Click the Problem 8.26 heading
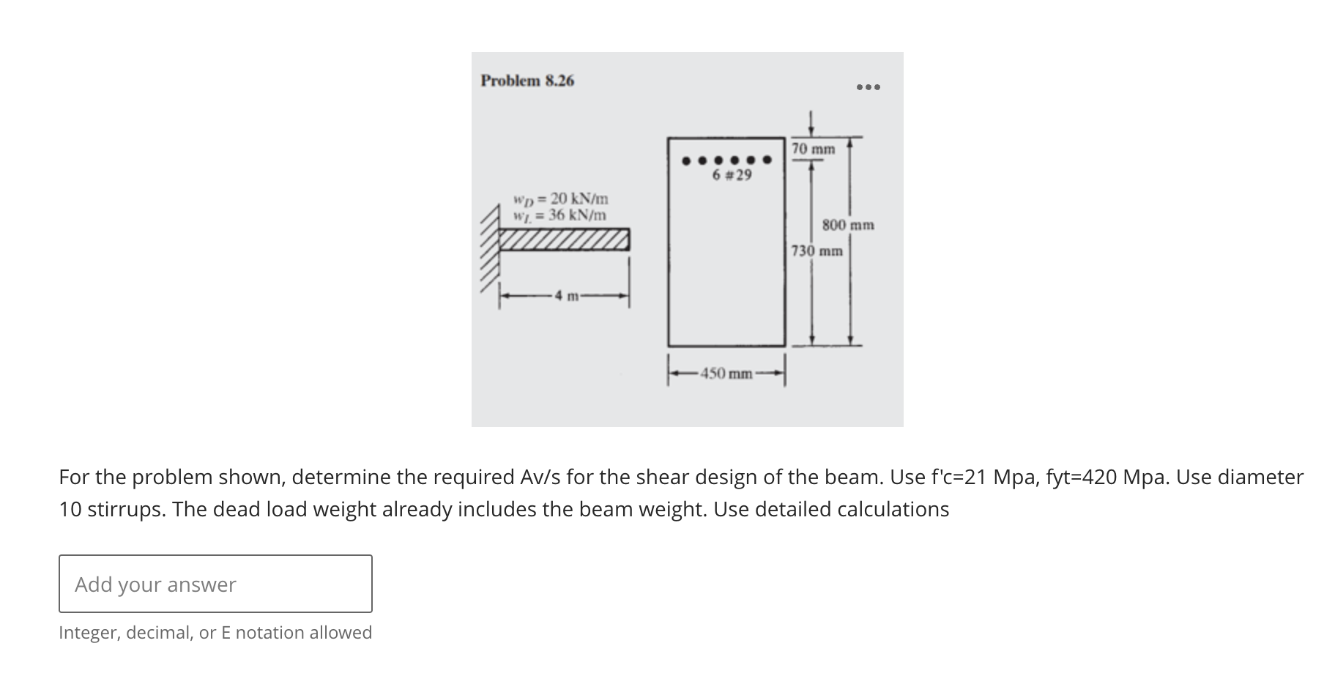(527, 81)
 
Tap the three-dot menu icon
(869, 87)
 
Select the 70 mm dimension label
(814, 149)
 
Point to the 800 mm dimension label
(848, 225)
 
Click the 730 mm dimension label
(817, 251)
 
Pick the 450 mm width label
(726, 374)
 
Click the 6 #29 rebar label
(732, 176)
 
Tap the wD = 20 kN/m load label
(561, 198)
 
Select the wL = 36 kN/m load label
(561, 215)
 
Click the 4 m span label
(565, 297)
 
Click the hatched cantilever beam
(563, 239)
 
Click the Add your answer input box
(215, 584)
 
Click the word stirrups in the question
(126, 510)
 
